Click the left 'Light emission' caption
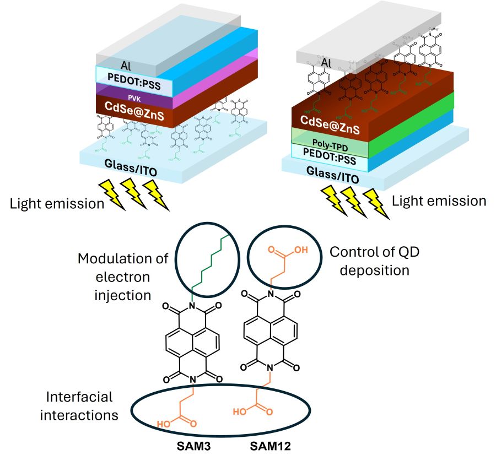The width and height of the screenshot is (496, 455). tap(57, 204)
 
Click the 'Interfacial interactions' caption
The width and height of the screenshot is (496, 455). tap(79, 405)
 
